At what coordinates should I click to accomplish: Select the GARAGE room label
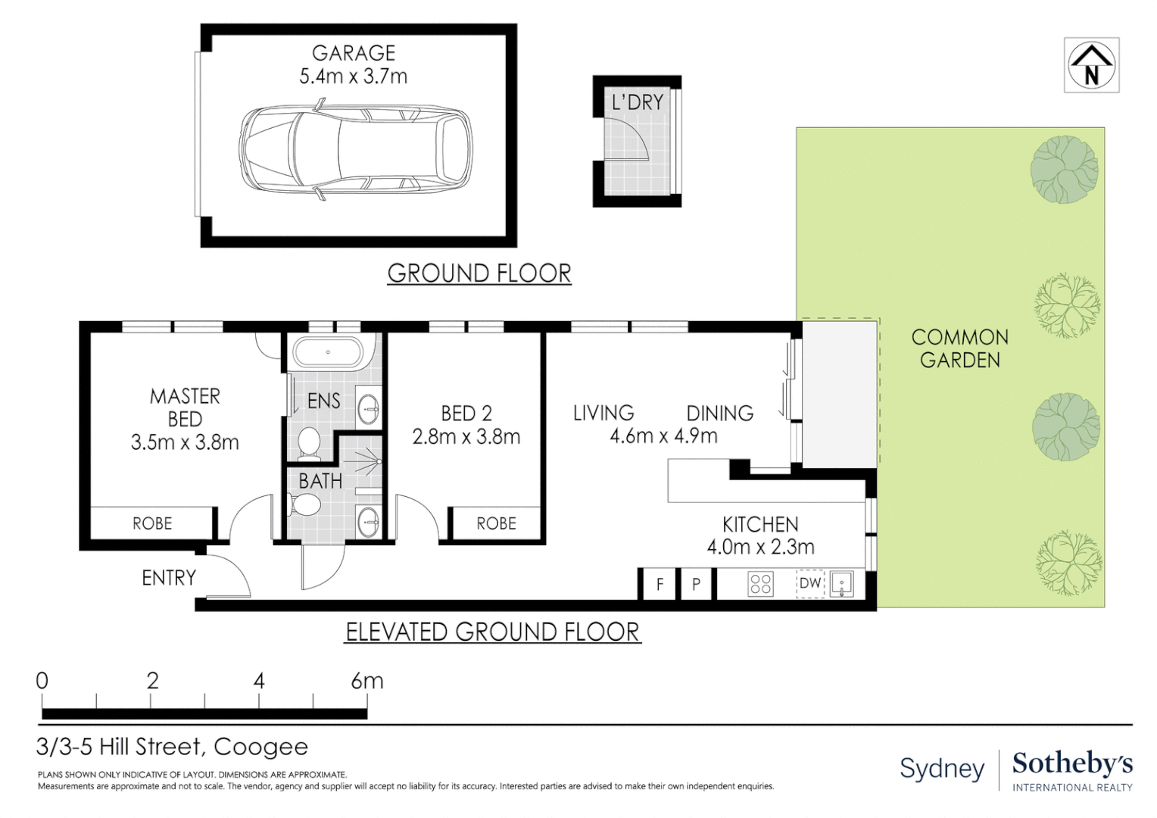pyautogui.click(x=354, y=53)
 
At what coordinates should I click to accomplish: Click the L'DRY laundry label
pyautogui.click(x=638, y=102)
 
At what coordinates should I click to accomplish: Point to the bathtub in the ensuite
pyautogui.click(x=327, y=352)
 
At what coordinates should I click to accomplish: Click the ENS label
pyautogui.click(x=324, y=401)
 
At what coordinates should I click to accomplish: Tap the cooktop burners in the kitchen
pyautogui.click(x=761, y=584)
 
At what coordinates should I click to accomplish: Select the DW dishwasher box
pyautogui.click(x=810, y=583)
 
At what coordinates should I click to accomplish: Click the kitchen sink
pyautogui.click(x=841, y=584)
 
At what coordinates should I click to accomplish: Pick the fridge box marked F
pyautogui.click(x=660, y=584)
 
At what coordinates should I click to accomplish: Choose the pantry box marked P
pyautogui.click(x=697, y=584)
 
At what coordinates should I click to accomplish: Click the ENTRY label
pyautogui.click(x=169, y=578)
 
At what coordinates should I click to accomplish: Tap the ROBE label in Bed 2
pyautogui.click(x=497, y=523)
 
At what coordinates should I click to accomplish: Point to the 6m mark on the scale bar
pyautogui.click(x=367, y=681)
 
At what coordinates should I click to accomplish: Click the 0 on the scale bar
pyautogui.click(x=42, y=681)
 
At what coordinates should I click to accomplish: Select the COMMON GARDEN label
pyautogui.click(x=959, y=349)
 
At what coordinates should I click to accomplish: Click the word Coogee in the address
pyautogui.click(x=260, y=748)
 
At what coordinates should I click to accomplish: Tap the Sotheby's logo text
pyautogui.click(x=1073, y=763)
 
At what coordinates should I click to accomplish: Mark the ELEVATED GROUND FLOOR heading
pyautogui.click(x=492, y=632)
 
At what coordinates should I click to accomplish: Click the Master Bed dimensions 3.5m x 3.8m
pyautogui.click(x=185, y=442)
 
